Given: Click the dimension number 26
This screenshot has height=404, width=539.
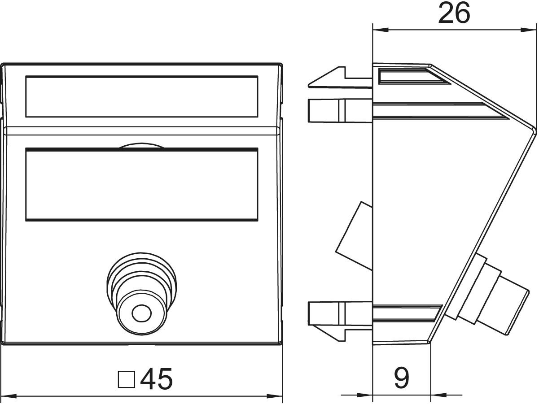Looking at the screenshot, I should (454, 13).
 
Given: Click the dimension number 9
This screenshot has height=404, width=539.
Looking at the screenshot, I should (401, 378).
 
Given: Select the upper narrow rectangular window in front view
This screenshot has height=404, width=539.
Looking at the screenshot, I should (141, 96).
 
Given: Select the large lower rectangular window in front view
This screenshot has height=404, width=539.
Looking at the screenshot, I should (141, 184).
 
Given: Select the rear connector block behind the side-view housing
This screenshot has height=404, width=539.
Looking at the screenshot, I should (355, 236).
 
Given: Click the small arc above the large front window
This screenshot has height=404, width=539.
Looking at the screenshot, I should (141, 146).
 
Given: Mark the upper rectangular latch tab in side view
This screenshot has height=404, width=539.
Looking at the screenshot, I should (324, 110).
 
